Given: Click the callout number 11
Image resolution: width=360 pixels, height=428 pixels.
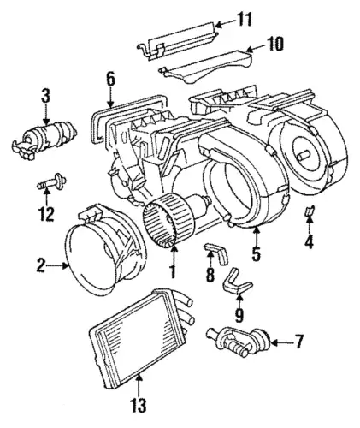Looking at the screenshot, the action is tap(243, 20).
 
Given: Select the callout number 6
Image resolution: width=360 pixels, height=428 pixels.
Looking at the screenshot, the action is tap(110, 79).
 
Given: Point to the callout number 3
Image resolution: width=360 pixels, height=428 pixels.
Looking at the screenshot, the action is tap(45, 96).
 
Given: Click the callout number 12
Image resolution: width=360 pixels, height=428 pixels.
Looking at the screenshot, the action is tap(46, 214).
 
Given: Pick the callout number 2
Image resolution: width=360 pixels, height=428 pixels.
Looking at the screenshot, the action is tap(41, 266).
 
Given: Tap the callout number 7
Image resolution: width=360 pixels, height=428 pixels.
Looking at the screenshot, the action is tap(298, 342).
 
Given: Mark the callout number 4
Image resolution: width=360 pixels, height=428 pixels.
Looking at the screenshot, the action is tap(309, 241).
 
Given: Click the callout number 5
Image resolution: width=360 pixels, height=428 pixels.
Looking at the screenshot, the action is tap(256, 254).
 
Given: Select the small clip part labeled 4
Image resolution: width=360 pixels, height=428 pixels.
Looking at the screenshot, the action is tap(310, 211).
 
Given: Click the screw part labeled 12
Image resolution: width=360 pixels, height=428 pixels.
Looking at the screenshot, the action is tap(52, 182).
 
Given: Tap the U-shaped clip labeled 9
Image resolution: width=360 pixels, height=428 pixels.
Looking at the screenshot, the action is tap(238, 280).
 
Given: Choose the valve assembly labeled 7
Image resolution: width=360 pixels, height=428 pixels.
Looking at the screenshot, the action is tap(239, 342).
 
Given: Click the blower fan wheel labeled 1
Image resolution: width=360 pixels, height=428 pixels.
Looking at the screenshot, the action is tap(160, 223).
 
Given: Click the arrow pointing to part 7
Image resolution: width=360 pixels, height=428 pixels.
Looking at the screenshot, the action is tap(280, 342).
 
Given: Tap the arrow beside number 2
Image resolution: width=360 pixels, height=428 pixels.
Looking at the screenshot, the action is tap(58, 266).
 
